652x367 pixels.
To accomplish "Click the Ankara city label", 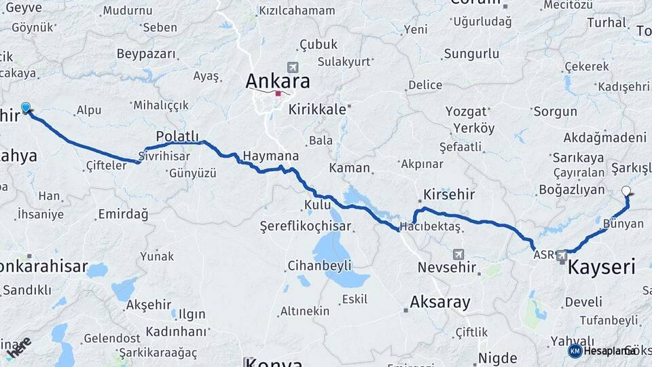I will click(277, 82).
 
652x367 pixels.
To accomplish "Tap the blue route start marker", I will click(26, 107).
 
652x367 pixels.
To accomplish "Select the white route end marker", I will click(626, 192).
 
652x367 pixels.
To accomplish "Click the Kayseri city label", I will click(600, 266).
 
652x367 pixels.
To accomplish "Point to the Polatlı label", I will click(177, 136).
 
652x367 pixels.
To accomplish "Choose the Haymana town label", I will click(270, 156).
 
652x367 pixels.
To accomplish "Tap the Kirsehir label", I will click(448, 194).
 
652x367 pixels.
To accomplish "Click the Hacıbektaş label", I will click(430, 226).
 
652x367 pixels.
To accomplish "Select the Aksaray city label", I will click(440, 302).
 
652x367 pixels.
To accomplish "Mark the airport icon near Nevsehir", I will click(458, 254).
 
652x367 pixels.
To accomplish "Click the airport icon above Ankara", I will click(293, 67).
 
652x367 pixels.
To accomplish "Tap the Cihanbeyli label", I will click(319, 265).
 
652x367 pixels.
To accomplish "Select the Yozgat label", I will click(466, 111).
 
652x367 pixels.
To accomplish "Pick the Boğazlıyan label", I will click(571, 190).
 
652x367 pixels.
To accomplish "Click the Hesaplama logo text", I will click(609, 351).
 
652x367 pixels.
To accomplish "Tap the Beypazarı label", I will click(146, 54).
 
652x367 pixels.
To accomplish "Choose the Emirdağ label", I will click(123, 214).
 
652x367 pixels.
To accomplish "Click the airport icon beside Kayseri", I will click(562, 256).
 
